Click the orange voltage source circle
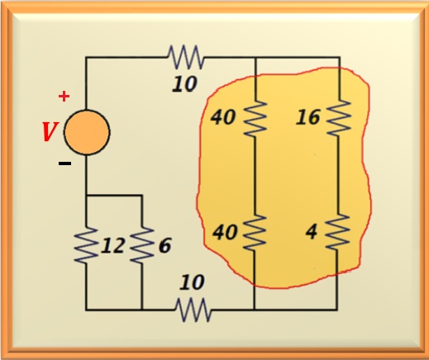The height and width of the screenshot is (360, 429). [x=87, y=132]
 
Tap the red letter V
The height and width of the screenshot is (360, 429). [x=50, y=132]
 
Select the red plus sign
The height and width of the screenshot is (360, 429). [x=64, y=97]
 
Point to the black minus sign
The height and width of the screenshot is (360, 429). [x=64, y=163]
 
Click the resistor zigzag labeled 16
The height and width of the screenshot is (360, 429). [x=339, y=118]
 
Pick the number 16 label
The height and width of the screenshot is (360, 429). [x=308, y=117]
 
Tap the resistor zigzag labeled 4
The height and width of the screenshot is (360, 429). [x=337, y=232]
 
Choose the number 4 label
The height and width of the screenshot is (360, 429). [x=312, y=232]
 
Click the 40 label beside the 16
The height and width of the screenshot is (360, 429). [x=223, y=117]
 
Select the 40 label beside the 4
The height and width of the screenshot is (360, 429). [x=225, y=232]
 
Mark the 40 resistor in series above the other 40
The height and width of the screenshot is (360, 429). [x=255, y=118]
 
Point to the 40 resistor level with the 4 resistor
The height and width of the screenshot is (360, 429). [x=255, y=233]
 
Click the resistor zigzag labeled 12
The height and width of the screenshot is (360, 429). [x=86, y=245]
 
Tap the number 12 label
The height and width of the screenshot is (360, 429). [x=112, y=246]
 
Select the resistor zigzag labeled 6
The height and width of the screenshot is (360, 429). [x=142, y=245]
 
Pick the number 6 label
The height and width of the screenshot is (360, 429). [x=165, y=245]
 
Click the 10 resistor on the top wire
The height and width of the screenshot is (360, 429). [x=186, y=57]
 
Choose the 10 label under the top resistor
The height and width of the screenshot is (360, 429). [x=185, y=84]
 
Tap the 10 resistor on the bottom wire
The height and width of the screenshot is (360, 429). [x=193, y=310]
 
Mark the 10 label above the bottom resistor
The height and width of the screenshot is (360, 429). [x=192, y=282]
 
